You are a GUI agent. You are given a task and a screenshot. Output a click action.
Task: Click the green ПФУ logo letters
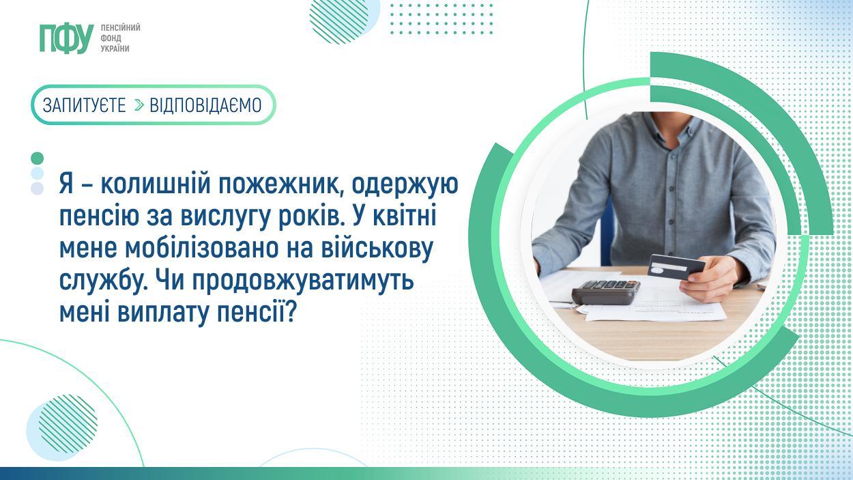(x=67, y=38)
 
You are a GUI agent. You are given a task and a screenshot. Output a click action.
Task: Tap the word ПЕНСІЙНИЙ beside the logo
(x=120, y=28)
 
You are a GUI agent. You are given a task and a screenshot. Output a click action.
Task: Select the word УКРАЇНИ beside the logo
(x=115, y=48)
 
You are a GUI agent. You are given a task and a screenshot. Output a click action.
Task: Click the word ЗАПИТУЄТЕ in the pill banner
(x=84, y=105)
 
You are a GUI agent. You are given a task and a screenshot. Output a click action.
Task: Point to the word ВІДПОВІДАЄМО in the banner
(x=205, y=105)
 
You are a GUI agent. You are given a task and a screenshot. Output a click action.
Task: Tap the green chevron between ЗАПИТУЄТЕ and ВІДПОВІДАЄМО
(x=139, y=105)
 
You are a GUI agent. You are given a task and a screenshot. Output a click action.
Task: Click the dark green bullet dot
(x=38, y=158)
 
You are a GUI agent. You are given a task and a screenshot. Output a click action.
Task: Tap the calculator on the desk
(x=605, y=292)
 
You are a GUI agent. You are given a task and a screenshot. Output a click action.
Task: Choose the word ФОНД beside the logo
(x=111, y=38)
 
